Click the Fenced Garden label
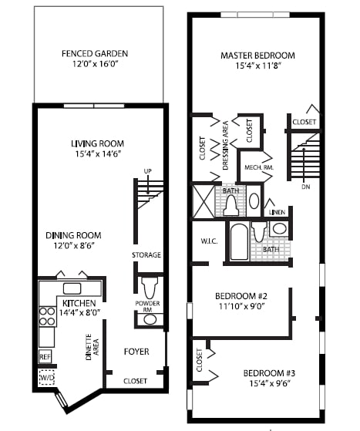coord(95,54)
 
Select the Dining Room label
coord(73,235)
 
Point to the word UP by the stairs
coord(146,171)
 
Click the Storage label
coord(146,255)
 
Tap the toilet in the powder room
coord(150,287)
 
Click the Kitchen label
coord(80,303)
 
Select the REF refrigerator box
coord(45,357)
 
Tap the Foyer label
coord(136,352)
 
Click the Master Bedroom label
coord(257,56)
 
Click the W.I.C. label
coord(210,241)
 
